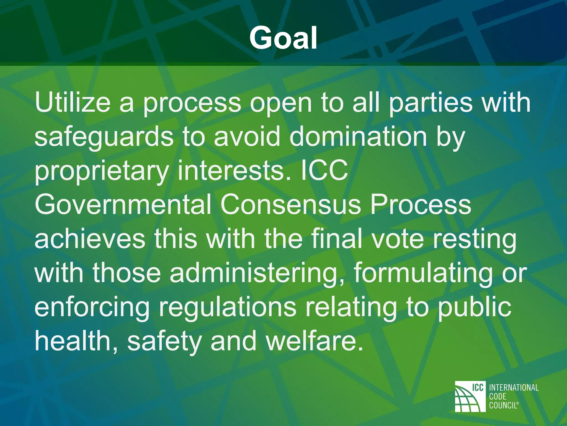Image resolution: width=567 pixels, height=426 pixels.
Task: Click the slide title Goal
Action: pos(283,38)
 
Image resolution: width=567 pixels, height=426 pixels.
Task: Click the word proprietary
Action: pos(101,171)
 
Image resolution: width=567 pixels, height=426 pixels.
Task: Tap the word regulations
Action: pos(227,307)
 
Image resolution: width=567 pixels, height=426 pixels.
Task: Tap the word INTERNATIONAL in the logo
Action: pos(514,387)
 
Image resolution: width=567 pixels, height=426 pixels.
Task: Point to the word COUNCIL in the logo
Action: pos(503,405)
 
